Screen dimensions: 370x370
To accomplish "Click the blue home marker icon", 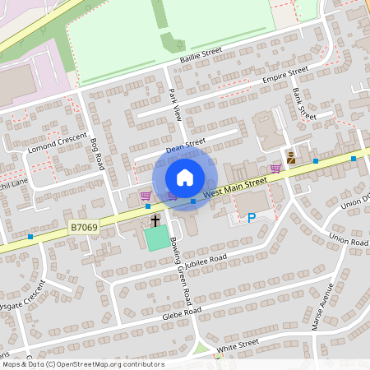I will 185,178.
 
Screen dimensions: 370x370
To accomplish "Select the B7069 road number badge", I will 83,227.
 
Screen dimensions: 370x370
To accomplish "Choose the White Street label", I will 238,345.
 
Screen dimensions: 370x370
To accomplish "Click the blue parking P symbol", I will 252,217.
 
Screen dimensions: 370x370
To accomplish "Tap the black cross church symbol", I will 155,220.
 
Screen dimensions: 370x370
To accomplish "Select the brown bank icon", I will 290,157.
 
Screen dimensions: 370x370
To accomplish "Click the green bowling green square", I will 155,239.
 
